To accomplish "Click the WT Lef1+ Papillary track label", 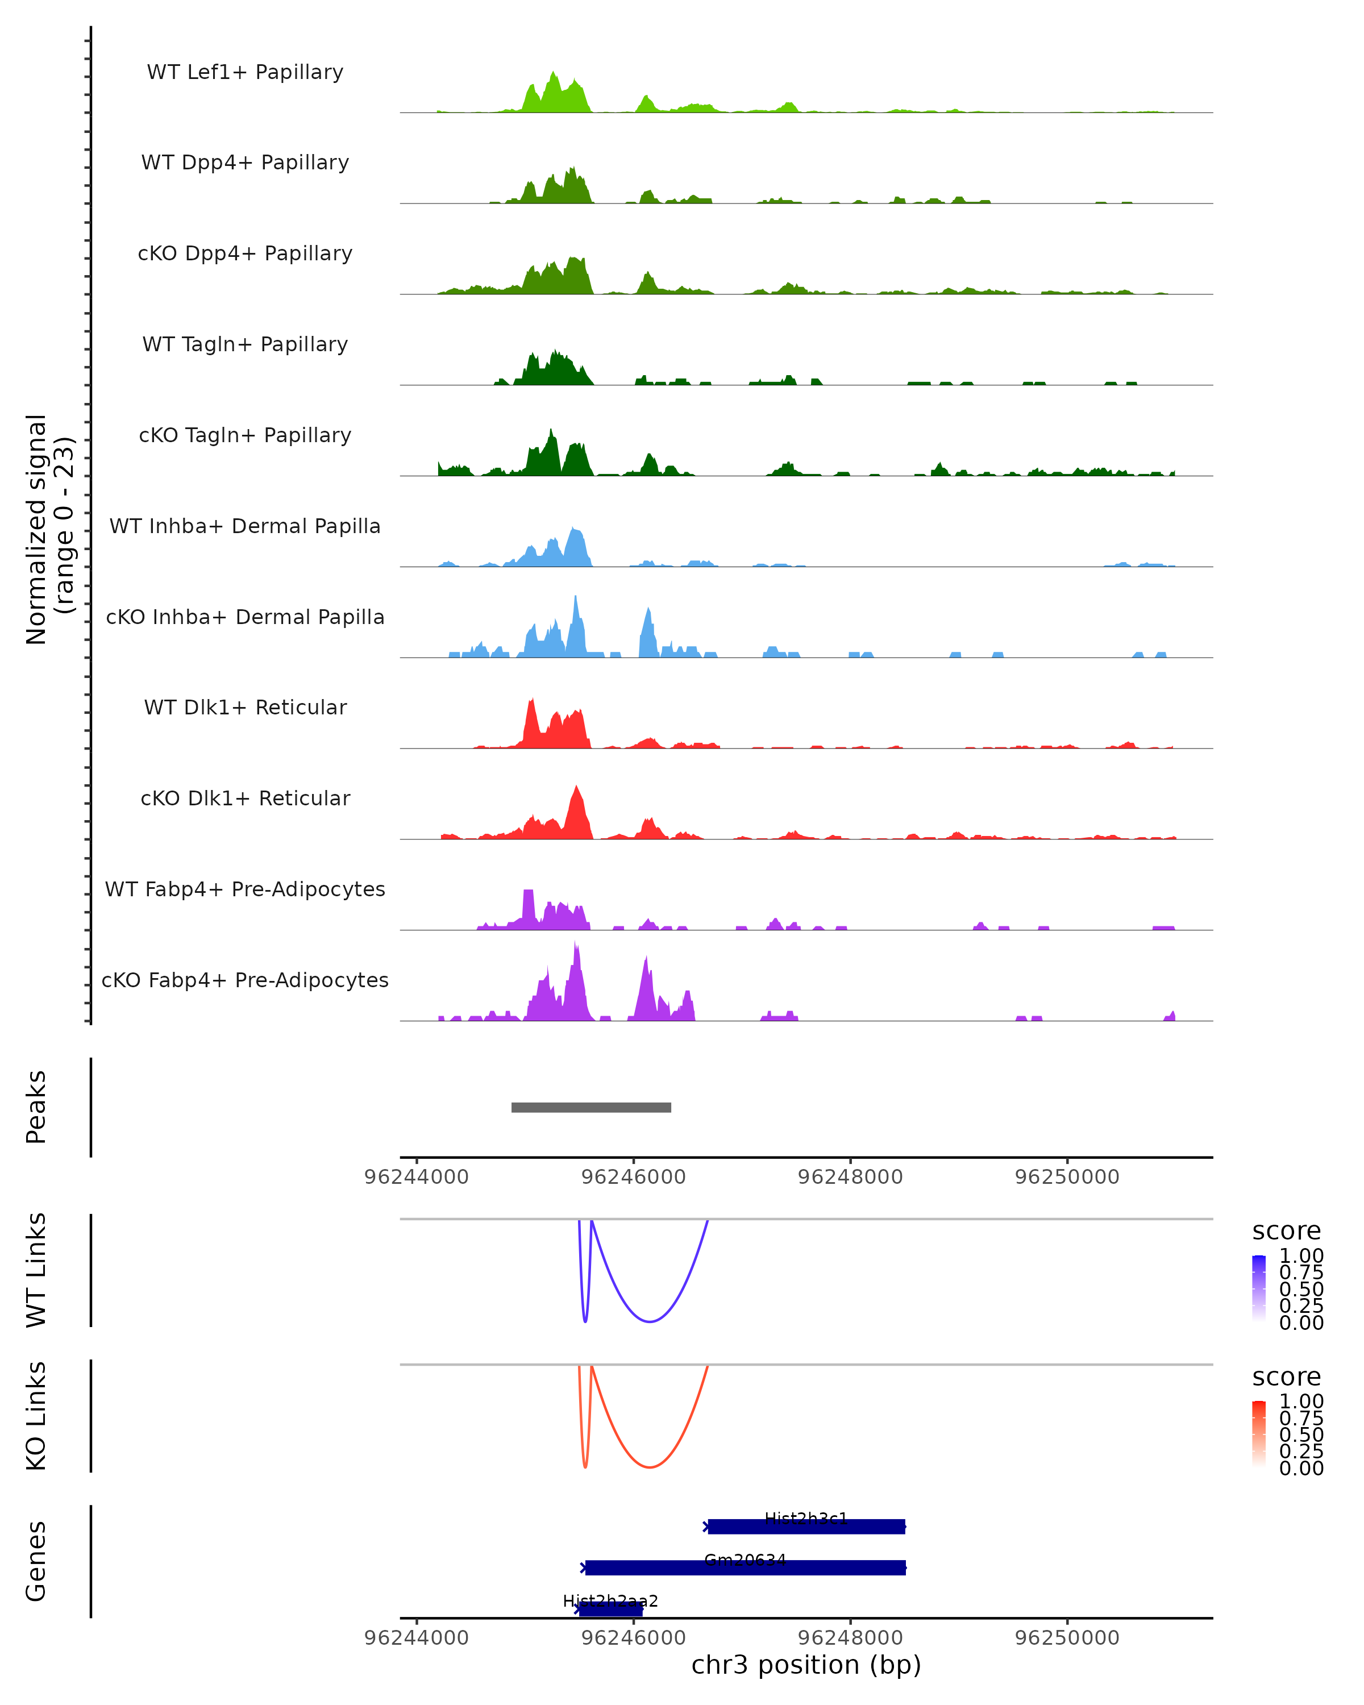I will click(x=245, y=72).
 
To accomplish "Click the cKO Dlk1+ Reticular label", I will click(x=245, y=798).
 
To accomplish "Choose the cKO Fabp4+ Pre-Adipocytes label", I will click(x=245, y=980).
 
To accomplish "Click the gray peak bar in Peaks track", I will click(x=592, y=1107).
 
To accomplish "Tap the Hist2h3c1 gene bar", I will click(x=806, y=1527).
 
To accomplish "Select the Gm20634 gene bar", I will click(x=745, y=1567).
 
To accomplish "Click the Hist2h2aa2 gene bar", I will click(x=610, y=1608).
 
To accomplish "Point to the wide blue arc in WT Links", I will click(x=650, y=1321).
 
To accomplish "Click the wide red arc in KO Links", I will click(x=650, y=1467).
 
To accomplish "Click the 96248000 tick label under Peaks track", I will click(x=850, y=1177).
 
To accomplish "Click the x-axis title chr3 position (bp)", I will click(x=806, y=1665).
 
